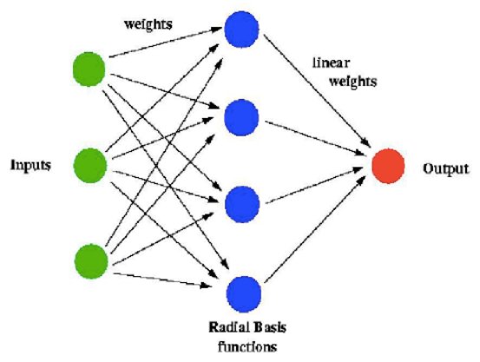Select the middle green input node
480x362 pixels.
pyautogui.click(x=90, y=164)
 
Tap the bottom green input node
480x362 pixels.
pyautogui.click(x=90, y=259)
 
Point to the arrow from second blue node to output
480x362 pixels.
pyautogui.click(x=312, y=139)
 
